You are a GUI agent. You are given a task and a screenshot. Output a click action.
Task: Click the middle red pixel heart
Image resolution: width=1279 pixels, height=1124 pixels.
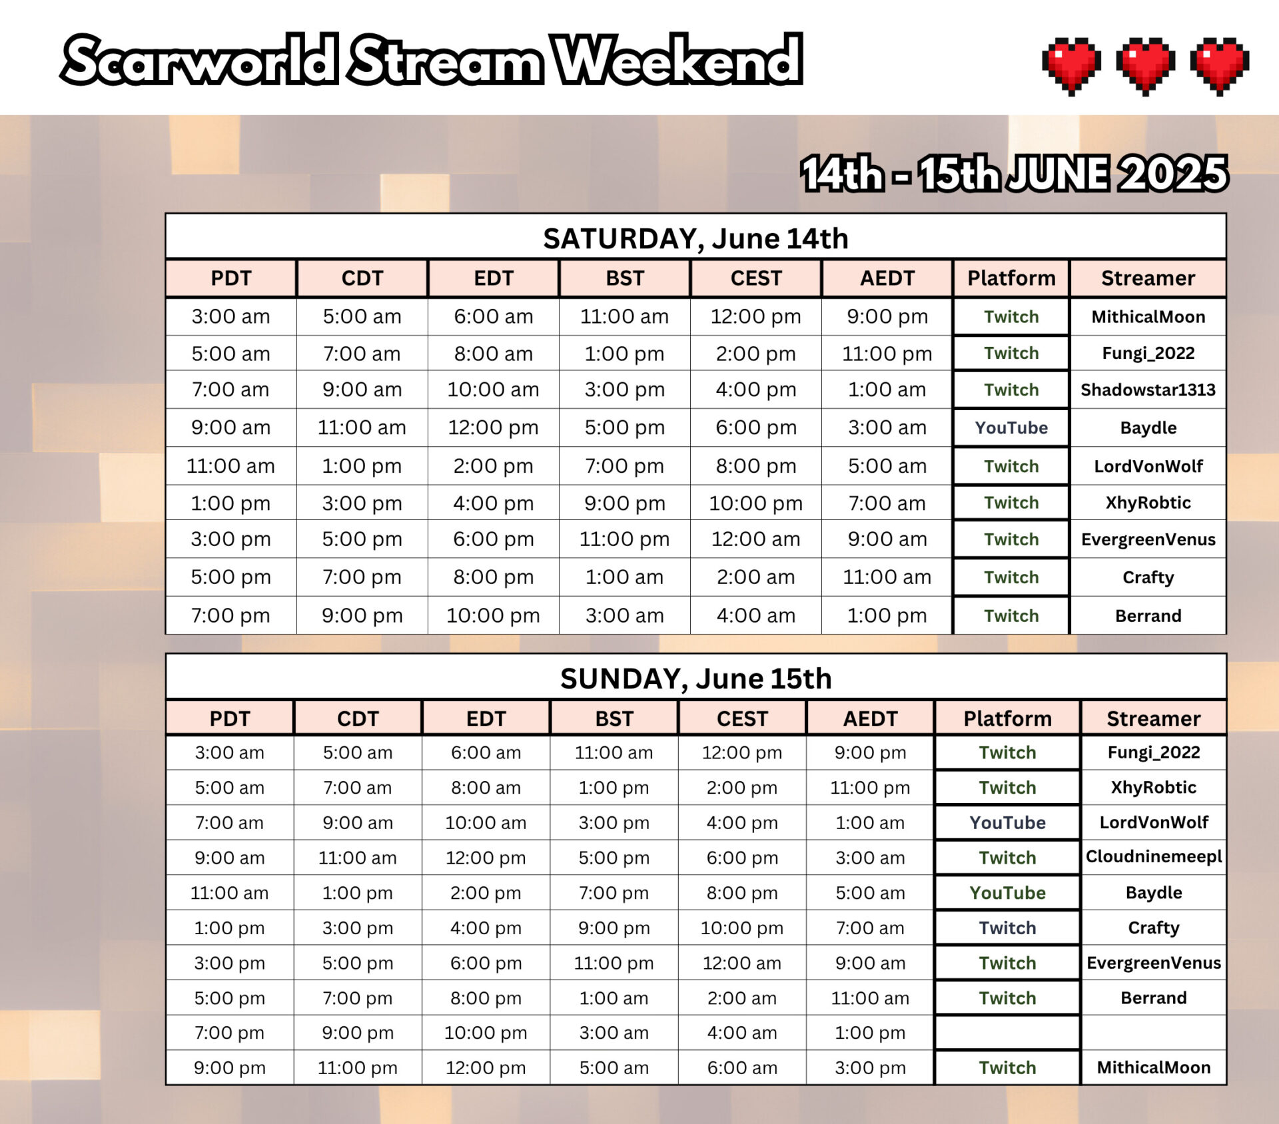click(1145, 65)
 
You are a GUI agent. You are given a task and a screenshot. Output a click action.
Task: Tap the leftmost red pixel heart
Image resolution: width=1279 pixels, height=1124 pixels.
click(1071, 65)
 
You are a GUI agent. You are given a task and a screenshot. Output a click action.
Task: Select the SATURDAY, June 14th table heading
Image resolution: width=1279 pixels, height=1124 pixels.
click(695, 238)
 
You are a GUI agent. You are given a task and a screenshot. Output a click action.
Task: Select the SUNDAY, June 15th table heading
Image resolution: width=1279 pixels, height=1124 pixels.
click(695, 679)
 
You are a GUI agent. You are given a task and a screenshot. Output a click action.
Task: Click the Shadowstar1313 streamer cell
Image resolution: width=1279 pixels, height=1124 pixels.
click(1148, 390)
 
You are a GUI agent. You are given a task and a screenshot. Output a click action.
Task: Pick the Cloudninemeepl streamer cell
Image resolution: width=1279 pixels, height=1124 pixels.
click(1153, 857)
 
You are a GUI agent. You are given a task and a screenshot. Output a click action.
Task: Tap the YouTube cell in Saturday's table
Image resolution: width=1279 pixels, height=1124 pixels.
click(1011, 427)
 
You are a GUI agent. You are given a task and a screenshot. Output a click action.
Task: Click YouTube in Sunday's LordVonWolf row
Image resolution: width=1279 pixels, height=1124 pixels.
click(1007, 822)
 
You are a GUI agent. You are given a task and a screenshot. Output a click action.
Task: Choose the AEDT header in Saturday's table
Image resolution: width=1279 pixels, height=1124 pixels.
click(887, 278)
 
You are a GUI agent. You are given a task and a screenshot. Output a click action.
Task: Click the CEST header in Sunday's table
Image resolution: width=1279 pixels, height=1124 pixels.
click(742, 718)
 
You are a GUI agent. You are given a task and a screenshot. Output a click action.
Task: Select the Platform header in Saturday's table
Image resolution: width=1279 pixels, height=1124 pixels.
click(1011, 278)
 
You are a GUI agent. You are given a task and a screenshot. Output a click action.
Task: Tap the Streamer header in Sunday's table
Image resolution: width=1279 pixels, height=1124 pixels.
click(1153, 718)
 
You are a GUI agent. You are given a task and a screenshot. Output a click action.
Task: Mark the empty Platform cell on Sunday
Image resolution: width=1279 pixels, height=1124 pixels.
click(1007, 1033)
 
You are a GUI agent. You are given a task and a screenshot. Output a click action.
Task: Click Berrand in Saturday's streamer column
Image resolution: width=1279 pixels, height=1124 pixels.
click(1148, 615)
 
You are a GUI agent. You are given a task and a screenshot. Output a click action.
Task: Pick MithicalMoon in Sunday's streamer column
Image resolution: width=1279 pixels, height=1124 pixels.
click(1153, 1067)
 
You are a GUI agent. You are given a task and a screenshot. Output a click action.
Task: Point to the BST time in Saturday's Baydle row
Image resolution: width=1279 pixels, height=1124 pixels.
click(624, 427)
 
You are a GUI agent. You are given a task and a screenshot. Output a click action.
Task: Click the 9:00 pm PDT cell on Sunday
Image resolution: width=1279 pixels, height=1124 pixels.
click(229, 1067)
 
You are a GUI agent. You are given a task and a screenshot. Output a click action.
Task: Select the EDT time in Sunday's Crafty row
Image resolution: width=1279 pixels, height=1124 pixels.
click(486, 928)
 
